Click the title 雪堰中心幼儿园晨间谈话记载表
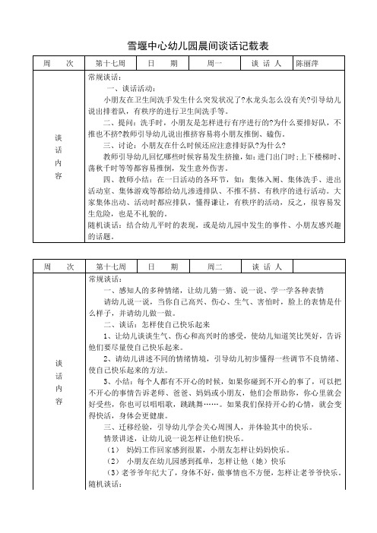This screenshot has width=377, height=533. click(x=188, y=46)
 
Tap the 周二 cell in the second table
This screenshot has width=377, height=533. click(x=214, y=268)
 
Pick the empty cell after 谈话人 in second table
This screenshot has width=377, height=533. click(x=318, y=268)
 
